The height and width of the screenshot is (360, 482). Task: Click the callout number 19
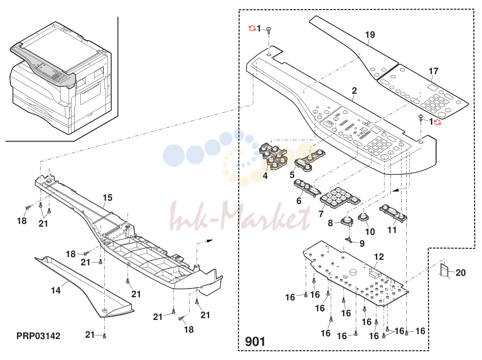(x=370, y=35)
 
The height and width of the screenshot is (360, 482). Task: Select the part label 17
(x=433, y=71)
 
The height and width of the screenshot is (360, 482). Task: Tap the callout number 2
(x=354, y=91)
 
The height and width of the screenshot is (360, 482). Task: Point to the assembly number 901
(x=255, y=342)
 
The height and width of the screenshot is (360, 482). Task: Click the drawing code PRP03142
(x=38, y=336)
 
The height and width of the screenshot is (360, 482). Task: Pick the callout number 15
(x=108, y=198)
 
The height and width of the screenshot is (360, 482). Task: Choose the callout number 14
(x=56, y=290)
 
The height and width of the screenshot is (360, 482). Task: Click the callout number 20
(x=461, y=273)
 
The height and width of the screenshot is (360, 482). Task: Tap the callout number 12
(x=379, y=257)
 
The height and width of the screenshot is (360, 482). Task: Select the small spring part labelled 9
(x=349, y=239)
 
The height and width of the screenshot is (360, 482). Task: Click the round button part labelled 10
(x=363, y=217)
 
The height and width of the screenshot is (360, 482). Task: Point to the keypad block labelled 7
(x=340, y=197)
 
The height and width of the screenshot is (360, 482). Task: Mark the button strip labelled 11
(x=393, y=213)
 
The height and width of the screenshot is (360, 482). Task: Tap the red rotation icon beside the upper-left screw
(x=252, y=29)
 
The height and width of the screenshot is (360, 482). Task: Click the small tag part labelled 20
(x=445, y=270)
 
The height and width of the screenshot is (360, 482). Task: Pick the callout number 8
(x=330, y=223)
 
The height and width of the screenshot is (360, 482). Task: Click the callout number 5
(x=292, y=175)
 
